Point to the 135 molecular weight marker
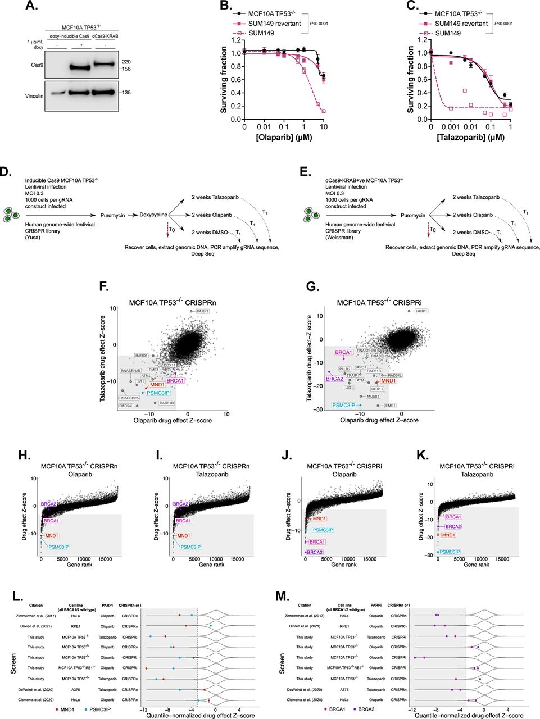[x=126, y=93]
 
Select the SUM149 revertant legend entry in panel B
[x=275, y=24]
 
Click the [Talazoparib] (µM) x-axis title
[x=470, y=137]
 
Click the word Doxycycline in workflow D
[x=154, y=215]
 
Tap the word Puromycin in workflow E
[x=413, y=215]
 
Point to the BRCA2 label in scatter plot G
[x=335, y=379]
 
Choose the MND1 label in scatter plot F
[x=157, y=385]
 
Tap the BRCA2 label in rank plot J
[x=315, y=553]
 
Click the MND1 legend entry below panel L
[x=66, y=710]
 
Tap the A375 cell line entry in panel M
[x=344, y=689]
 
